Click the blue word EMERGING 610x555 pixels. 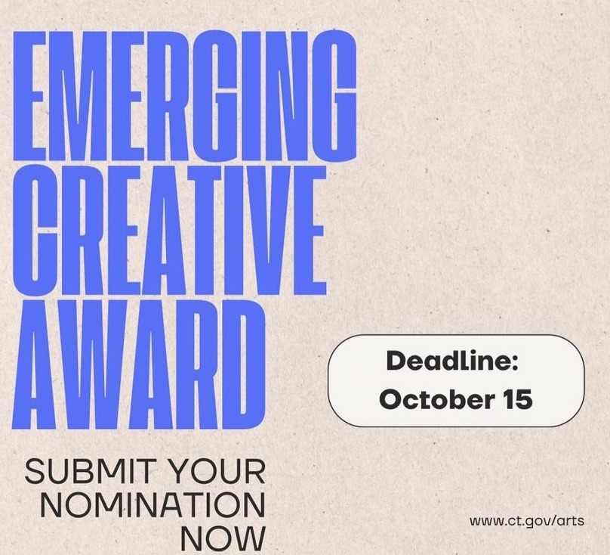click(x=185, y=96)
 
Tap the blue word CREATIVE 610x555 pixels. click(x=170, y=230)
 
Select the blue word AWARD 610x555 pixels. click(x=139, y=364)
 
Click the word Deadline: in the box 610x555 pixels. click(x=452, y=361)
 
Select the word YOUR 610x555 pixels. click(x=218, y=471)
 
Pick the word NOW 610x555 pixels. click(x=223, y=538)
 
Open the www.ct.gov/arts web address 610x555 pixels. click(x=527, y=521)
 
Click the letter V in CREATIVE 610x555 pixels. click(x=273, y=230)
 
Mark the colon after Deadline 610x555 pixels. click(x=513, y=362)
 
